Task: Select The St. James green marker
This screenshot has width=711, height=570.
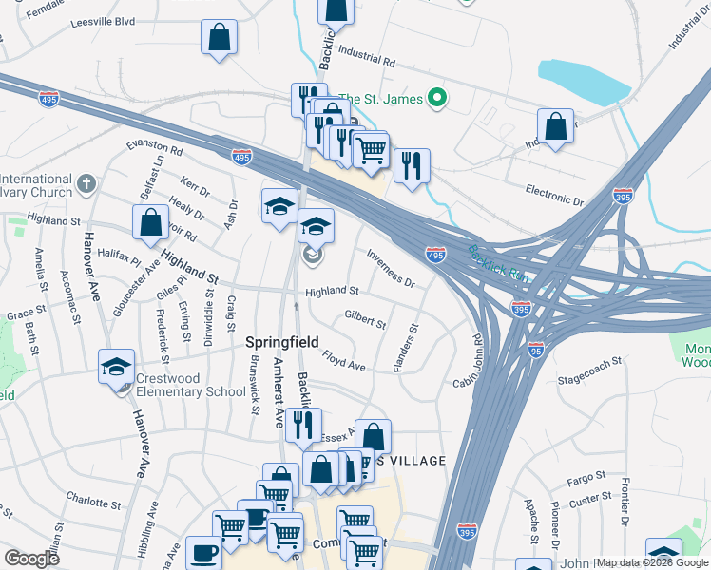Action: pyautogui.click(x=437, y=98)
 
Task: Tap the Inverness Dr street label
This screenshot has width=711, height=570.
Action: pyautogui.click(x=391, y=270)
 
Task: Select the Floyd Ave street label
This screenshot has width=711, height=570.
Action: pyautogui.click(x=343, y=362)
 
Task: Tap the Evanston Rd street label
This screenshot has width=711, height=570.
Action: pyautogui.click(x=155, y=149)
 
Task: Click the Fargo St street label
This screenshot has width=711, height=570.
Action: pyautogui.click(x=586, y=476)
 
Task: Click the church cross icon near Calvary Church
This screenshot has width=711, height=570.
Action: pyautogui.click(x=86, y=182)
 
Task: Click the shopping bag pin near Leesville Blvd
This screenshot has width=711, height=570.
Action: pyautogui.click(x=219, y=38)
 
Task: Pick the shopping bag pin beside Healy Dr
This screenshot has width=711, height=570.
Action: pyautogui.click(x=152, y=222)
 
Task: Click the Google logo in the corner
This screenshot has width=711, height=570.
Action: pyautogui.click(x=31, y=559)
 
